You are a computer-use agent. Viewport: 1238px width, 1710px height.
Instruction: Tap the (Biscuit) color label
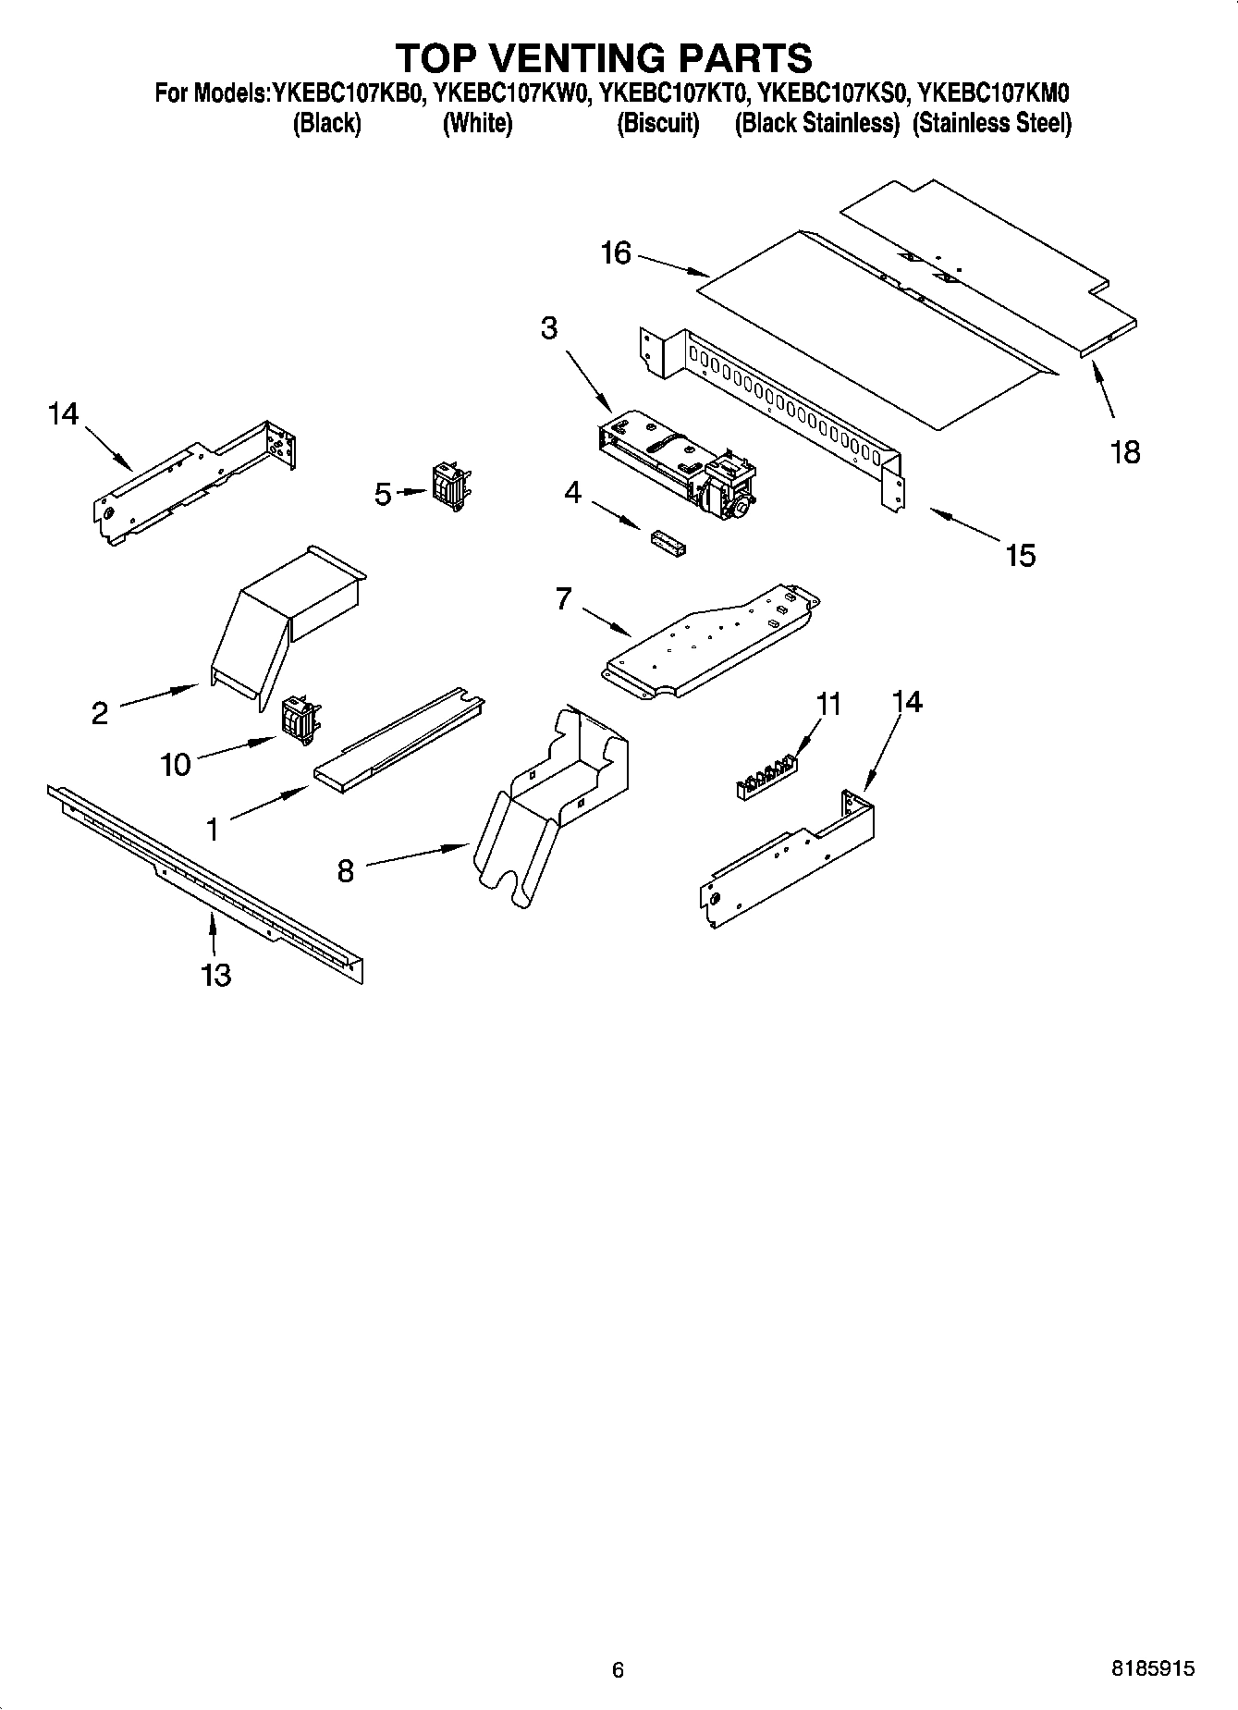pyautogui.click(x=657, y=123)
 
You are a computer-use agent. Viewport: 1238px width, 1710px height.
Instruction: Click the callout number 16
pyautogui.click(x=616, y=252)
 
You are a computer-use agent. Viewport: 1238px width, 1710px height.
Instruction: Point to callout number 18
pyautogui.click(x=1125, y=452)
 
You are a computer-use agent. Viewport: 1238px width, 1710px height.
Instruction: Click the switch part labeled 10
pyautogui.click(x=300, y=718)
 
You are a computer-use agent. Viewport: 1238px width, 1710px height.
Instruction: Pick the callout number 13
pyautogui.click(x=215, y=975)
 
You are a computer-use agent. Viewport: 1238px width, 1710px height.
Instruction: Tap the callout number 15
pyautogui.click(x=1021, y=555)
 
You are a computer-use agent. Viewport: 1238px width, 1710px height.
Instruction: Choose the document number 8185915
pyautogui.click(x=1152, y=1668)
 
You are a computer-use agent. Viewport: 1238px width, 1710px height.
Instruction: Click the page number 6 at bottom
pyautogui.click(x=618, y=1669)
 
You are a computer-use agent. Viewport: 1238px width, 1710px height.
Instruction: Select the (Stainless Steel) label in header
pyautogui.click(x=991, y=123)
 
